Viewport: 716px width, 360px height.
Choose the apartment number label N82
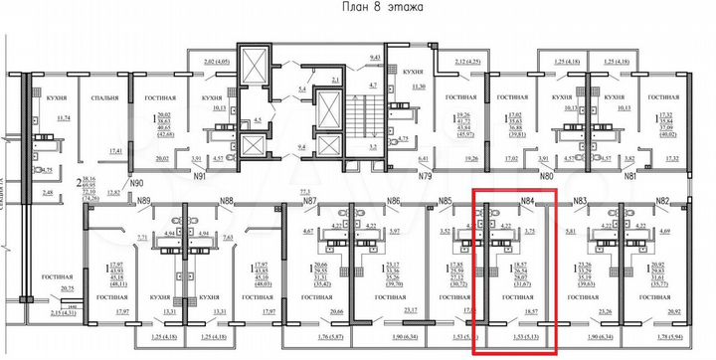662,201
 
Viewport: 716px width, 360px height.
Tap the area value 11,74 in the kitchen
65,118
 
